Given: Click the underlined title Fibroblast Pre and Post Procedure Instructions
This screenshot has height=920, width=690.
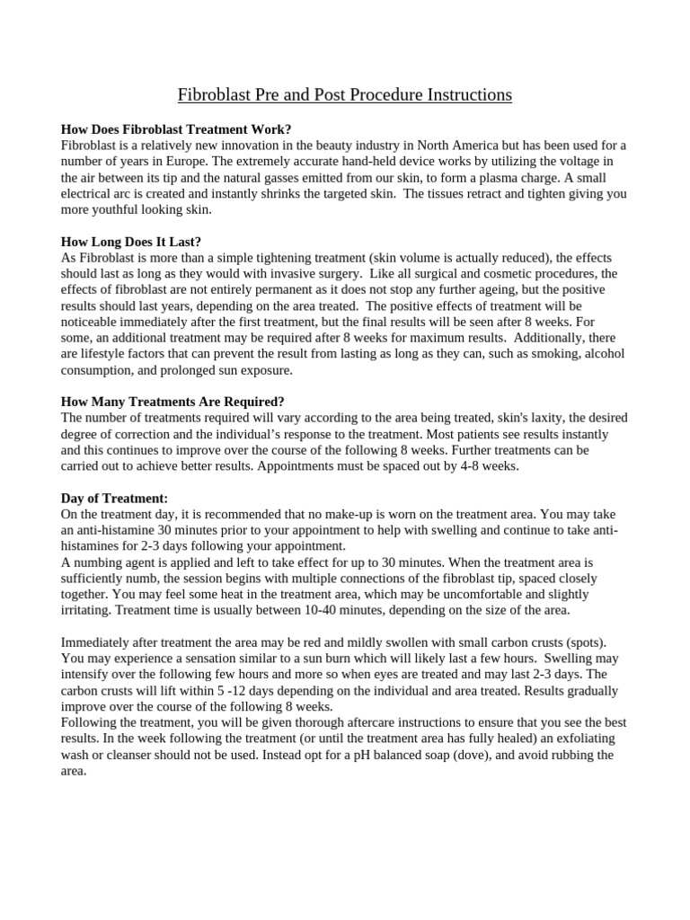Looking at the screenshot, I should (345, 94).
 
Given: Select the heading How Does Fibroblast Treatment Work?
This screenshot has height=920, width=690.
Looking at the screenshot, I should (176, 128).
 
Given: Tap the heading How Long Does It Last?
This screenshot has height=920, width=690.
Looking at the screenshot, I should (131, 241).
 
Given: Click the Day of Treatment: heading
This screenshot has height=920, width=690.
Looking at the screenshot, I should (114, 498).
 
